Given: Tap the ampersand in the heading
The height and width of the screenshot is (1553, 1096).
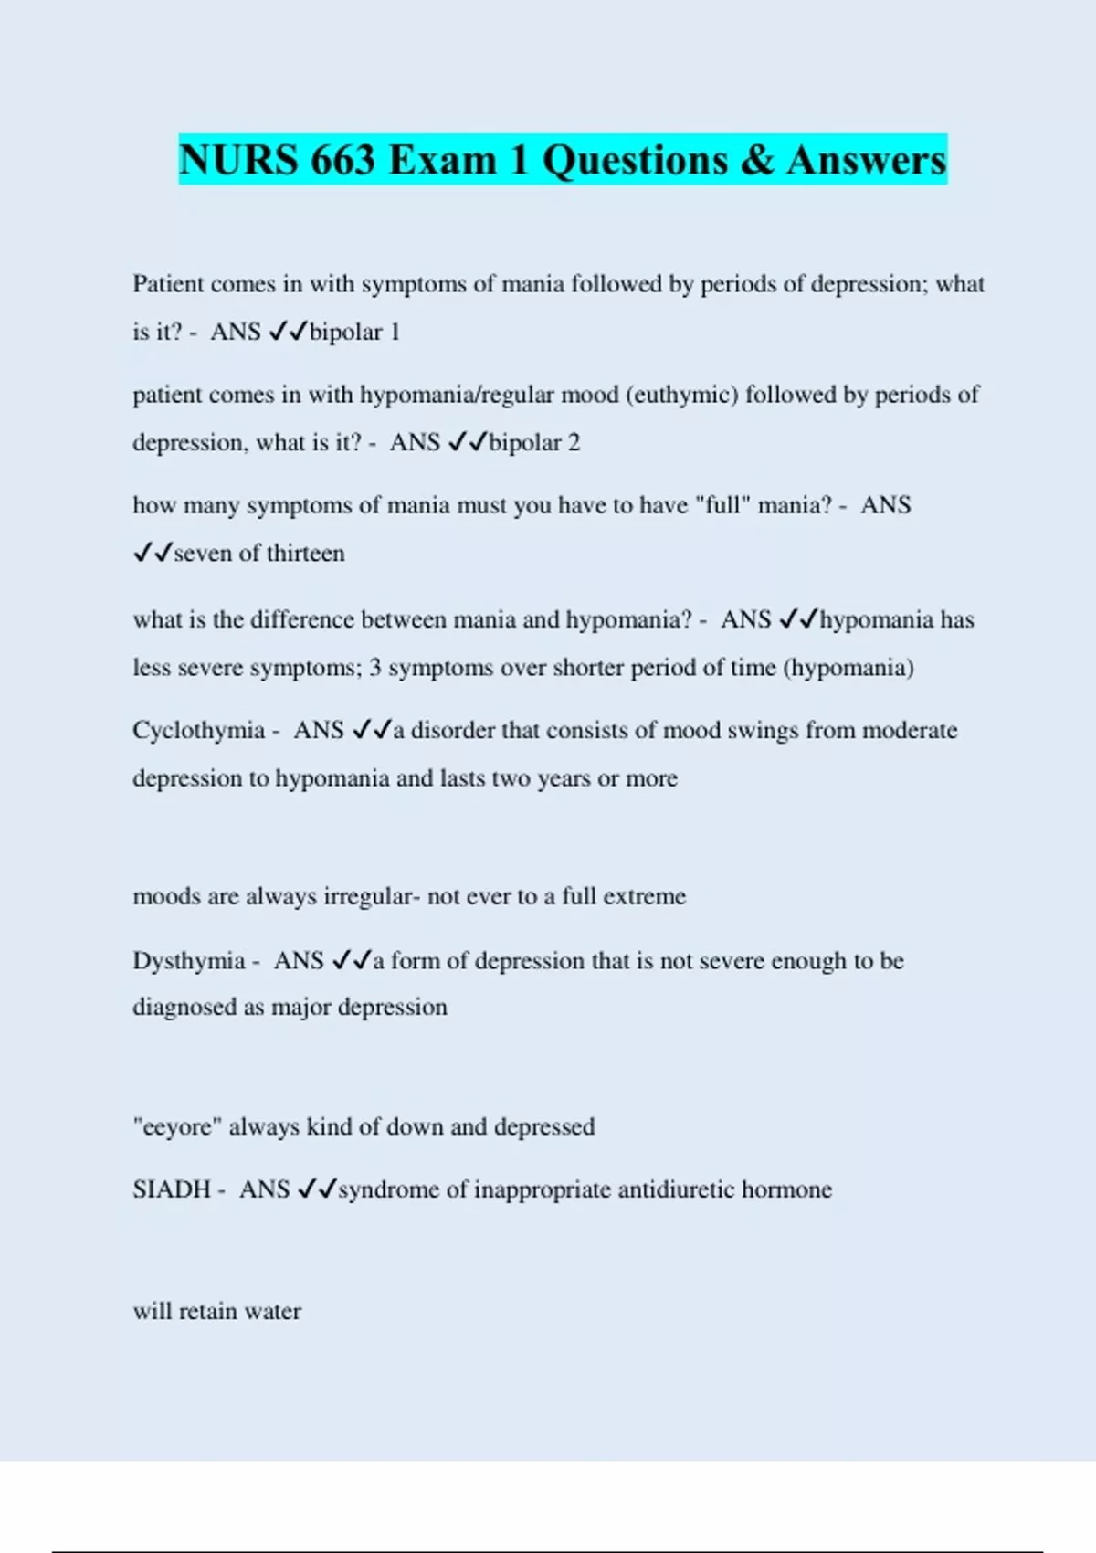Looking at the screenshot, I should pyautogui.click(x=757, y=160).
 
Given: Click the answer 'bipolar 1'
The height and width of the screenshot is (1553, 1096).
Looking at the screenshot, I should pyautogui.click(x=354, y=332).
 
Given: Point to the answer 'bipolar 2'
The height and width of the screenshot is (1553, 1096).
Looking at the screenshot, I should pyautogui.click(x=534, y=442).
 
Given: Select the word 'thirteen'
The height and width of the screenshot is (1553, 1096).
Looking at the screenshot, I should pyautogui.click(x=305, y=554).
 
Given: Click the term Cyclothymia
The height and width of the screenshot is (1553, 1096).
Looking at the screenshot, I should pyautogui.click(x=198, y=731).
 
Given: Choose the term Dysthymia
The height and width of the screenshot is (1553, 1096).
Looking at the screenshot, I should pyautogui.click(x=188, y=961).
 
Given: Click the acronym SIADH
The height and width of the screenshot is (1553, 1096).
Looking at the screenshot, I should pyautogui.click(x=171, y=1189).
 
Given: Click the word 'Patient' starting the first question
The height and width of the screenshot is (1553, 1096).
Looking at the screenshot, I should pyautogui.click(x=168, y=284).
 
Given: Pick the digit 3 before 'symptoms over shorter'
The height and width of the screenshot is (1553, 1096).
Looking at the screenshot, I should pyautogui.click(x=375, y=668).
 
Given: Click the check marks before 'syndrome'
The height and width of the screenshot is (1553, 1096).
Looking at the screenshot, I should pyautogui.click(x=318, y=1189).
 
